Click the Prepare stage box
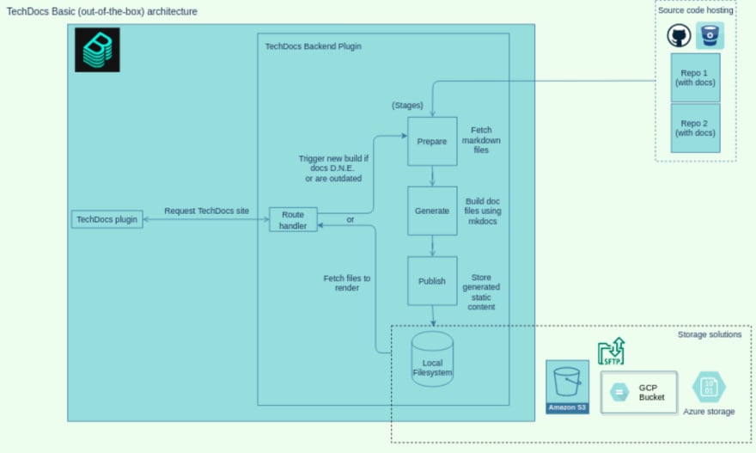432,141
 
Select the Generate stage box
432,211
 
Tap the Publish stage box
432,281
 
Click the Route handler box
293,219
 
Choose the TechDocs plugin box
107,219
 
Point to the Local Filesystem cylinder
432,358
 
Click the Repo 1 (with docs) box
695,77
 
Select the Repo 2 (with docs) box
695,128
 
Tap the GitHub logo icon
679,36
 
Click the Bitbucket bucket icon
710,36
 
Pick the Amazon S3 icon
568,387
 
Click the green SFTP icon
612,352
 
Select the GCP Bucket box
639,392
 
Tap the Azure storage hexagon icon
709,387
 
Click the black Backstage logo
97,50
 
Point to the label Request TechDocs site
206,211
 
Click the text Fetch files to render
347,283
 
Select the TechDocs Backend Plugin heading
313,46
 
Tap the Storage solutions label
710,334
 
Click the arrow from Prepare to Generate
432,176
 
